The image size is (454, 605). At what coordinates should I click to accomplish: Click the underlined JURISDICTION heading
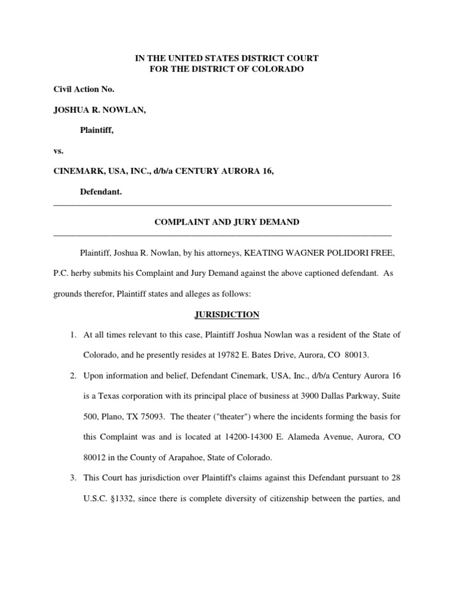click(226, 315)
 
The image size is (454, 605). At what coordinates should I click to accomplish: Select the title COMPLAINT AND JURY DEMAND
click(227, 222)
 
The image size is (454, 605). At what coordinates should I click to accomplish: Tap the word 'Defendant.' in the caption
click(101, 192)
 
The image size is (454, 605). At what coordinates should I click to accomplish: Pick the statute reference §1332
click(125, 499)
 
